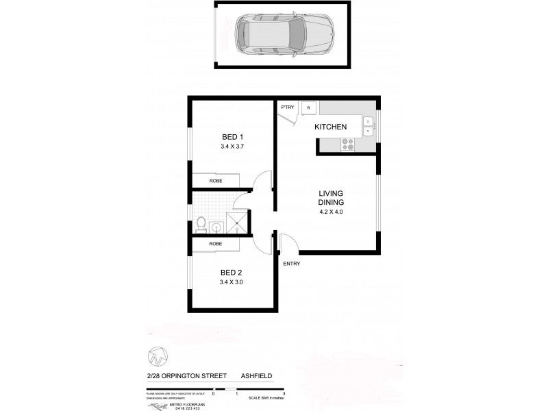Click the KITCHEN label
point(330,127)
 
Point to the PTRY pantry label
point(286,107)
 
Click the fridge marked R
point(309,108)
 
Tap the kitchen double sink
point(368,125)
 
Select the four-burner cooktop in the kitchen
point(347,145)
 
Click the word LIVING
point(330,193)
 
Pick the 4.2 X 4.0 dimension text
point(330,212)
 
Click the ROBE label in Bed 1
point(216,182)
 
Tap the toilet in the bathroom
point(201,224)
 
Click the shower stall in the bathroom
point(237,223)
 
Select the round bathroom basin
point(216,227)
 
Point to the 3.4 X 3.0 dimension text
point(232,282)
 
